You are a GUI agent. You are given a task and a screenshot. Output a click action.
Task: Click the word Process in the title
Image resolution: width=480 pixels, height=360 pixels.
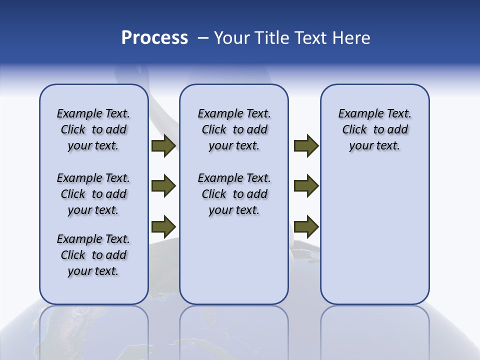(x=154, y=38)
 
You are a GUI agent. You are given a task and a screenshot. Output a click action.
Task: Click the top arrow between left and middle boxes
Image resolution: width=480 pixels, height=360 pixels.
(x=163, y=145)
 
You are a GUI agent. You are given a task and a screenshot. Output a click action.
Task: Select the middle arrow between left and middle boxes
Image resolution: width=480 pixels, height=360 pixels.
(x=163, y=186)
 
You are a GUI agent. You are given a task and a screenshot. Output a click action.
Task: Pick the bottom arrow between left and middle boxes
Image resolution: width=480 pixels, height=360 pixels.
(x=163, y=226)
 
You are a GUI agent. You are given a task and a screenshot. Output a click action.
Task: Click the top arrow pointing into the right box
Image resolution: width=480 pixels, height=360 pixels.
(x=306, y=145)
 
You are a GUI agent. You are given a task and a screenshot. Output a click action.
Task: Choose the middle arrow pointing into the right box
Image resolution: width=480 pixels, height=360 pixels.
(x=306, y=186)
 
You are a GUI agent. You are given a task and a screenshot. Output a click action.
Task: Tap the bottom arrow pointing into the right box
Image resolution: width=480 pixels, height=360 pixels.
(x=306, y=226)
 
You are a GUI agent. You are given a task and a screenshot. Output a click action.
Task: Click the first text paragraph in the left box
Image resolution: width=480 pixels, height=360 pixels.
(x=93, y=129)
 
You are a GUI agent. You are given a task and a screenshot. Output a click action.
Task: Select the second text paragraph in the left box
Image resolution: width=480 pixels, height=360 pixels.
(x=93, y=194)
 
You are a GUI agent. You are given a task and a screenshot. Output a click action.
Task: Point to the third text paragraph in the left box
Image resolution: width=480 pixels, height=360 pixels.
(x=93, y=255)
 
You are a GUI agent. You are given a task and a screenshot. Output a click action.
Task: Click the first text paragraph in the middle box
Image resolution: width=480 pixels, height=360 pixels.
(x=234, y=129)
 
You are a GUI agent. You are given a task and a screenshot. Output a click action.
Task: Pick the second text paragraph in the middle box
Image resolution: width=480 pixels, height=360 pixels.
(x=234, y=194)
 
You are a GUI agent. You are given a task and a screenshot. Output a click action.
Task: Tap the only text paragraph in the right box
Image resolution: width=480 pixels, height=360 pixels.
(x=374, y=129)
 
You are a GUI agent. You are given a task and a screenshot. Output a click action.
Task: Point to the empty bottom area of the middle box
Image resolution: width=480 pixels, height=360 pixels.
(x=234, y=265)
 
